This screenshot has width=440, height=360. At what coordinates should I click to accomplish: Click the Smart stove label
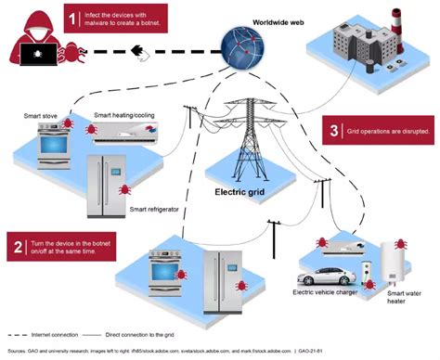[x=42, y=116]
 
